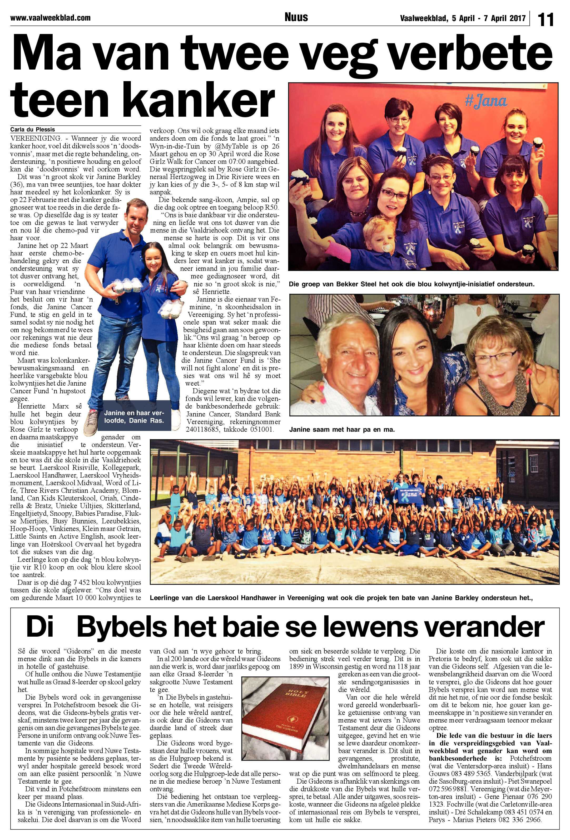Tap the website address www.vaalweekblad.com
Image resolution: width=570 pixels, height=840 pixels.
(x=50, y=17)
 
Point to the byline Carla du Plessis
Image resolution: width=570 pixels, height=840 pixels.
(x=32, y=129)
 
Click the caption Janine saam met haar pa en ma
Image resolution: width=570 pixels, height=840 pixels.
(x=342, y=430)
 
